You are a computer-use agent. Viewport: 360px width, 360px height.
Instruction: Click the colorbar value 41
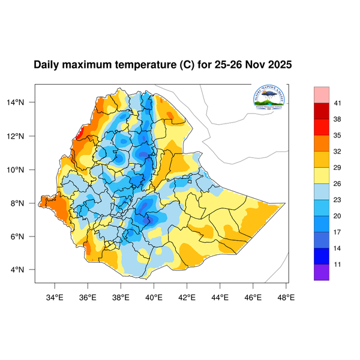click(x=338, y=104)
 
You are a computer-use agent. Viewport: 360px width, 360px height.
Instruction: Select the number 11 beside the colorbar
click(x=338, y=263)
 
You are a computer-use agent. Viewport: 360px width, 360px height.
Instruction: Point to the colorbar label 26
click(x=338, y=184)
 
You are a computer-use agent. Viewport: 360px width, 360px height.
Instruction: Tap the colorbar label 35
click(x=338, y=136)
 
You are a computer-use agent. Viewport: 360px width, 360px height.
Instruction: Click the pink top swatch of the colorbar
click(x=322, y=94)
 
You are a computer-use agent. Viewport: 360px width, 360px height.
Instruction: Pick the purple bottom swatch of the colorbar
click(x=322, y=272)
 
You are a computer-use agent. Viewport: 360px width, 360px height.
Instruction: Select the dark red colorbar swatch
click(x=322, y=112)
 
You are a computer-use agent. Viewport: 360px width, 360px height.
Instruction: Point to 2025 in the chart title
click(x=278, y=64)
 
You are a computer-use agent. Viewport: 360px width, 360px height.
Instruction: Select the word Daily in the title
click(x=47, y=64)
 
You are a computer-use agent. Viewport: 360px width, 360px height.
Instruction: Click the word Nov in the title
click(x=252, y=64)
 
